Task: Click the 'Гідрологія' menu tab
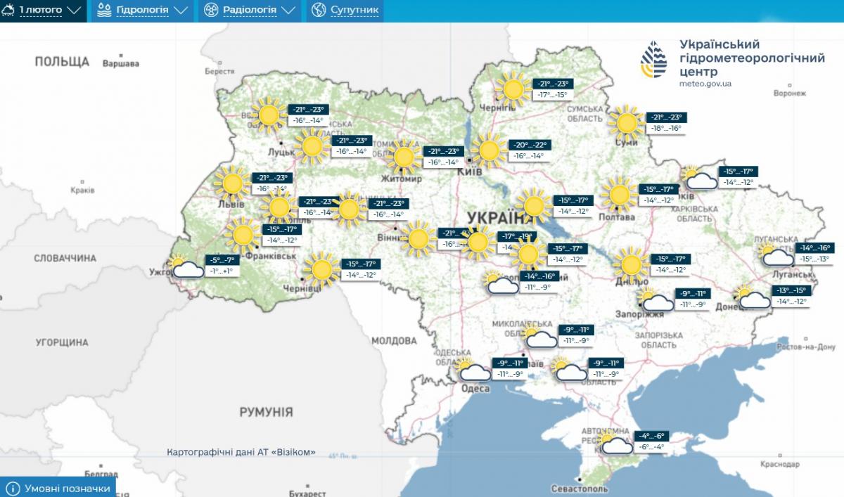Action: pos(142,11)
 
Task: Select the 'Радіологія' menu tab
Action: pos(249,11)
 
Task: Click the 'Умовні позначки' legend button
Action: pos(58,488)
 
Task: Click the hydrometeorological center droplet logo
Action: pos(654,60)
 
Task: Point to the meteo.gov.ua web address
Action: pos(705,84)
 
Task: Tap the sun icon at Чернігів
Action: pos(513,89)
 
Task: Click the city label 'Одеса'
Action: pos(475,389)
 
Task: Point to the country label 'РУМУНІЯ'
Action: pos(266,412)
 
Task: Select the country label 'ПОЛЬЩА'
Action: pos(62,62)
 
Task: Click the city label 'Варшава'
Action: pos(121,64)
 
